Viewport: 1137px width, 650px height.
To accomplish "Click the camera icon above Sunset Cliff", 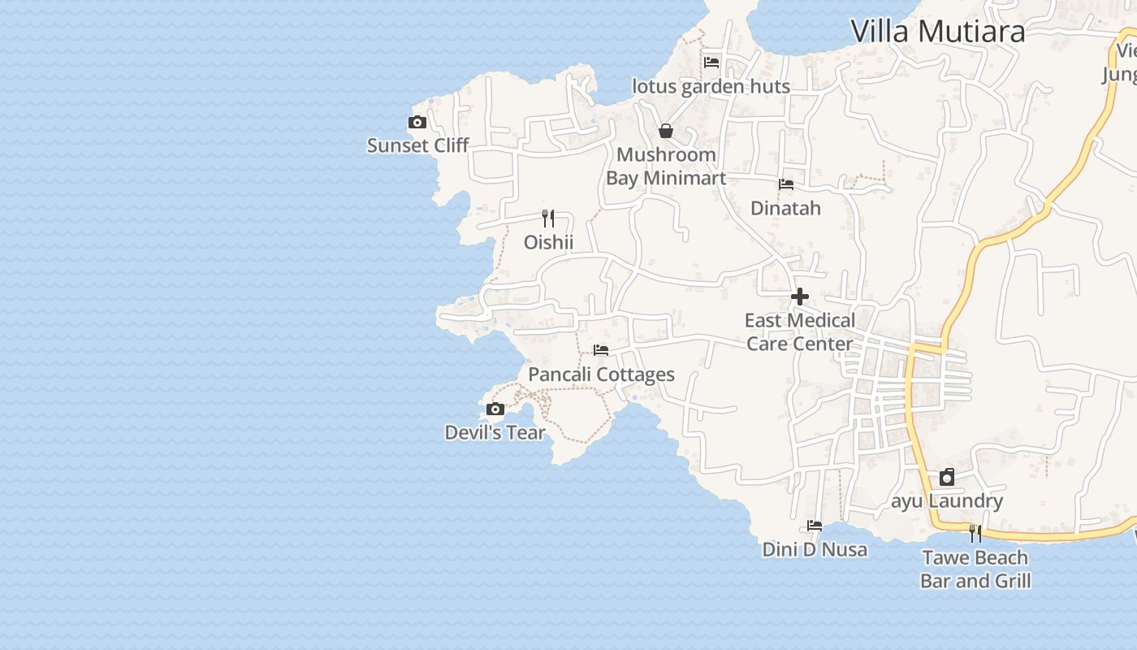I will click(x=417, y=123).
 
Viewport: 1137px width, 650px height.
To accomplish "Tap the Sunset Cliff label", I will click(x=417, y=145).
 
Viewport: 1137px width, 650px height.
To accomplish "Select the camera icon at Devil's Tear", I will click(x=495, y=409).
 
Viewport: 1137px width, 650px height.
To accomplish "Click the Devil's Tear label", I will click(x=495, y=432).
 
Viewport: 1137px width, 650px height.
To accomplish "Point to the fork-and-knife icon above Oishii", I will click(x=548, y=218).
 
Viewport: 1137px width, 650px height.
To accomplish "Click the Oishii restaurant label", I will click(x=548, y=242).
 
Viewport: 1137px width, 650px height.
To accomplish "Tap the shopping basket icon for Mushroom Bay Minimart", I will click(x=666, y=131).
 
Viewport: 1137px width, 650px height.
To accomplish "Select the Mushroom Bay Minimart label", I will click(x=666, y=166).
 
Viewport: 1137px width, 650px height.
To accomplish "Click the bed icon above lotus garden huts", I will click(x=711, y=63).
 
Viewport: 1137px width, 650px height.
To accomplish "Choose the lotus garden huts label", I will click(x=711, y=86).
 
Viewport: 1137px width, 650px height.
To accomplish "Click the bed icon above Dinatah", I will click(x=786, y=184).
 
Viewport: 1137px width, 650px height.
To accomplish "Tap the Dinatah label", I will click(x=785, y=208).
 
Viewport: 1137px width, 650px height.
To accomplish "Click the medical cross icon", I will click(x=800, y=297).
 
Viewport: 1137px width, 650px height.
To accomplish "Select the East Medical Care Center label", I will click(x=800, y=331).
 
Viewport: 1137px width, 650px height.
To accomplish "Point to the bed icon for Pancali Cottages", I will click(x=601, y=350).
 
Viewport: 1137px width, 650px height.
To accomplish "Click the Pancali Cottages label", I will click(x=601, y=375).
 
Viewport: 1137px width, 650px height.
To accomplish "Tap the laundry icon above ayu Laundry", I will click(x=947, y=477).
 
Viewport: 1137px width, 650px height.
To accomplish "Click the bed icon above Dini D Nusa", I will click(x=815, y=526).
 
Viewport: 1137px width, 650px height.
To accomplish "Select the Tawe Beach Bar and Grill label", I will click(x=975, y=569).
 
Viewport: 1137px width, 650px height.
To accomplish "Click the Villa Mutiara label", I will click(x=937, y=32).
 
